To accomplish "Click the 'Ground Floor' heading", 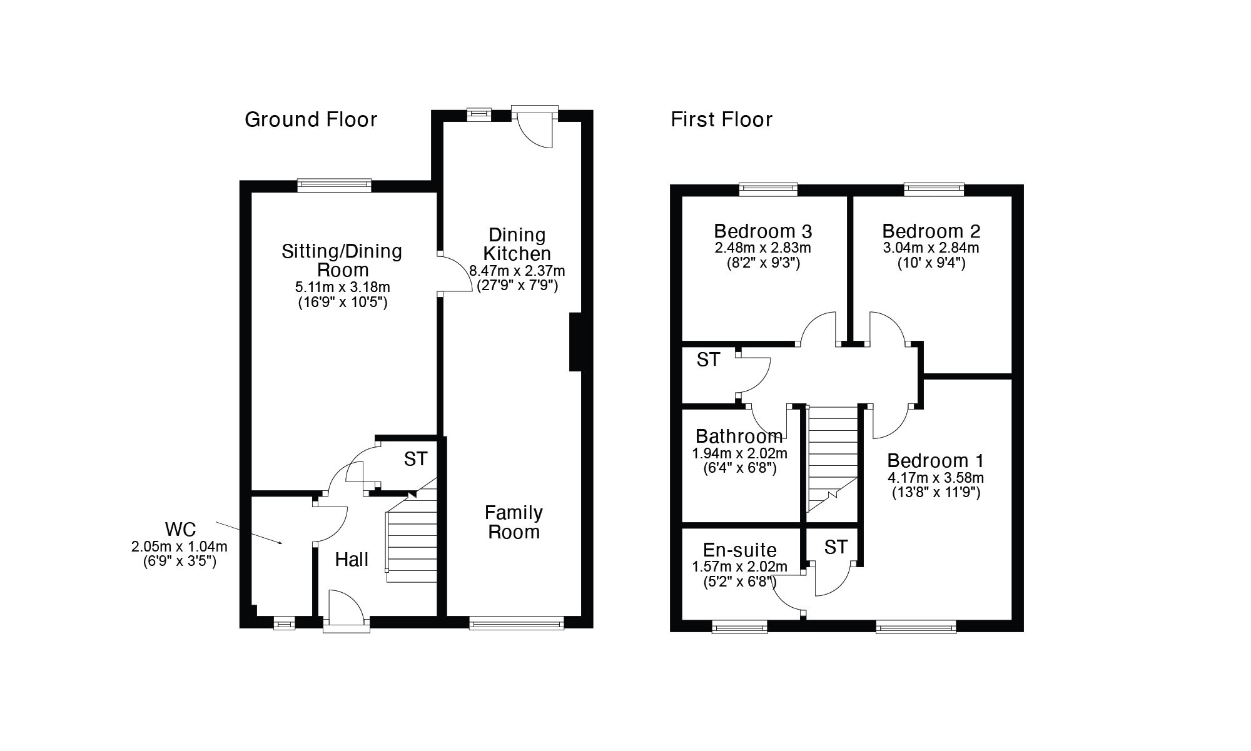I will [x=311, y=119].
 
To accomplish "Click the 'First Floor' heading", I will [x=721, y=119].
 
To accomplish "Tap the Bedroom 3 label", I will [x=762, y=231].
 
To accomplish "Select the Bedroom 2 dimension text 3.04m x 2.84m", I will [x=931, y=248].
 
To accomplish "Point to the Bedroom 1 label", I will [x=935, y=461].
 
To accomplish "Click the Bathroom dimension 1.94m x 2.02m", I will [x=739, y=453].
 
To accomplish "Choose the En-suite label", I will [x=739, y=550].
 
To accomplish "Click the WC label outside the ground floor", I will [x=181, y=530].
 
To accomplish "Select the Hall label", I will [x=352, y=560].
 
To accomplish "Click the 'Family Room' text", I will [x=514, y=522].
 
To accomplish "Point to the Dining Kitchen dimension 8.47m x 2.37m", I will [x=517, y=271].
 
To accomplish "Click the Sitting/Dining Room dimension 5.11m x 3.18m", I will [x=342, y=288].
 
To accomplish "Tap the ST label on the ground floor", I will [x=415, y=459].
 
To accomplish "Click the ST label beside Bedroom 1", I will [x=836, y=547].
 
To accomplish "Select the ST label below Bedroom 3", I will [x=708, y=360].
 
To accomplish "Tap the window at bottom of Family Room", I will [x=517, y=623].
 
